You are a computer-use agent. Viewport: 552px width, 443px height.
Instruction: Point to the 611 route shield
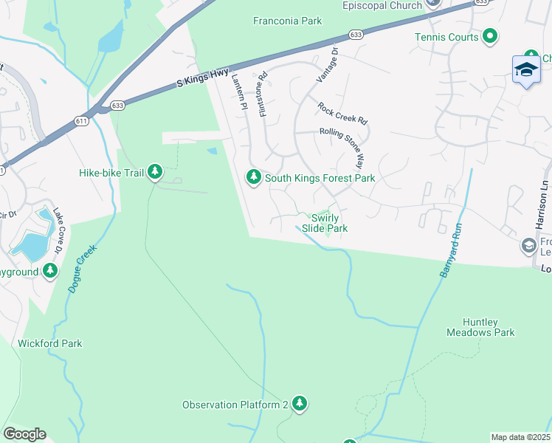(80, 120)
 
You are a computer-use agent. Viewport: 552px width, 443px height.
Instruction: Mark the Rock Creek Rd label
(342, 113)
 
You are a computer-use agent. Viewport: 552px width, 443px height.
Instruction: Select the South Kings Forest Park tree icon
(253, 176)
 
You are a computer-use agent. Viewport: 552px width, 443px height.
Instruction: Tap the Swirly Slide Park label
(328, 223)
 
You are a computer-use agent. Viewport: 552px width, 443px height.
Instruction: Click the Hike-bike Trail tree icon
(154, 172)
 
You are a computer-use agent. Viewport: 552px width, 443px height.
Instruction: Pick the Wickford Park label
(49, 343)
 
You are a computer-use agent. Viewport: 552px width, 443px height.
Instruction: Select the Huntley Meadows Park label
(480, 328)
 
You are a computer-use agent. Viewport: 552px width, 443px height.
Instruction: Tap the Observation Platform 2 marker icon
(299, 403)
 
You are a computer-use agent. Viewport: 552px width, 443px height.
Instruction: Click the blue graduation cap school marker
(525, 69)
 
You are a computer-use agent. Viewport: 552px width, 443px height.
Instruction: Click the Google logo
(24, 434)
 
